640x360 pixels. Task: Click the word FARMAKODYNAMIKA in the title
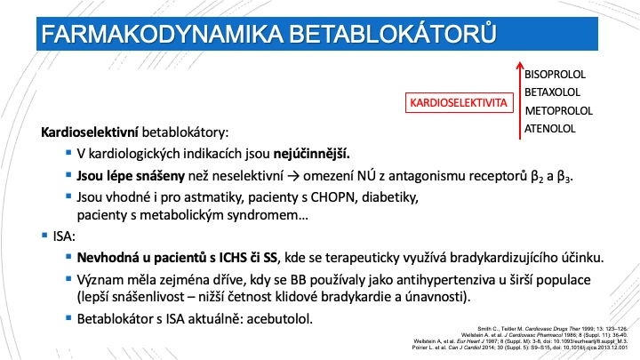coord(163,35)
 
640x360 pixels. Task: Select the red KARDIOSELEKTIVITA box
coord(460,102)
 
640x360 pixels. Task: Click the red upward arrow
coord(520,100)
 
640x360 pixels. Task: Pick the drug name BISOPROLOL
coord(555,75)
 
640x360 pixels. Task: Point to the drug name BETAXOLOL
coord(552,92)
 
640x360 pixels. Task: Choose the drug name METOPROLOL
coord(558,110)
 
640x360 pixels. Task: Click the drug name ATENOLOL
coord(550,129)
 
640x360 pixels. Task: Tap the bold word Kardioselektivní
coord(90,132)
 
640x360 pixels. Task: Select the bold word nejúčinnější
coord(311,154)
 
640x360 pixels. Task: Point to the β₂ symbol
coord(537,176)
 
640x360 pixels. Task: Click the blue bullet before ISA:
coord(44,235)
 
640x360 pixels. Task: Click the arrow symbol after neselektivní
coord(293,176)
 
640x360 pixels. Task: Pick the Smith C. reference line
coord(553,329)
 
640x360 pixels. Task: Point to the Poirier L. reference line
coord(520,348)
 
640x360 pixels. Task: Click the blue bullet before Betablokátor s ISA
coord(68,317)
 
